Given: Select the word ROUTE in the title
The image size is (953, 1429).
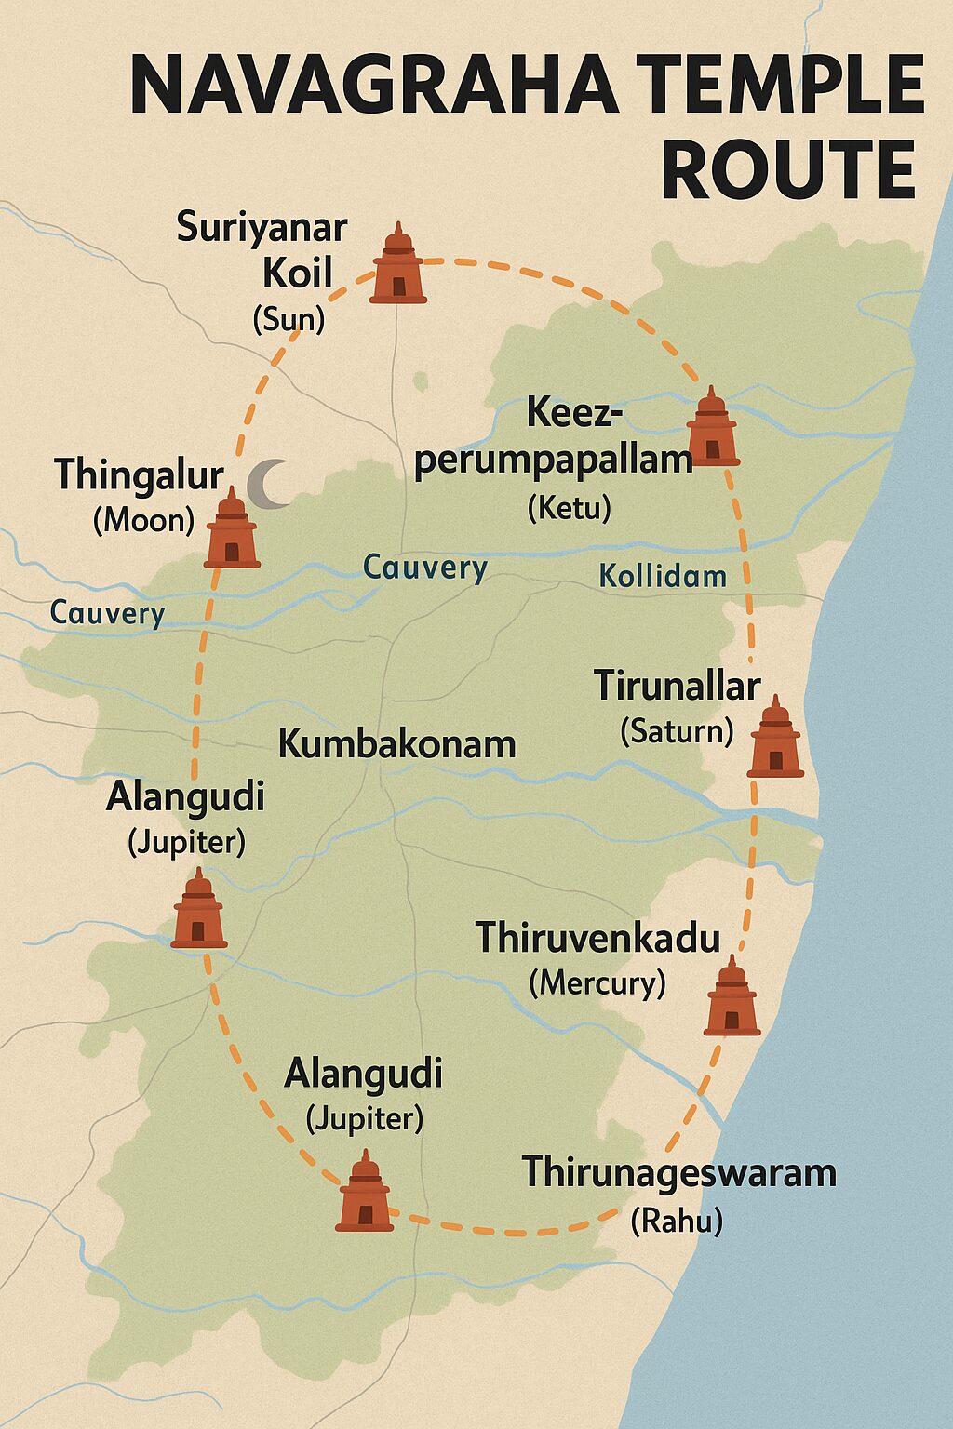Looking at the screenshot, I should (x=788, y=169).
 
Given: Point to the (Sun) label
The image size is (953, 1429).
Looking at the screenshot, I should (x=289, y=320).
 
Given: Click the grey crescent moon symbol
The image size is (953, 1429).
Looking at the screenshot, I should (x=268, y=485).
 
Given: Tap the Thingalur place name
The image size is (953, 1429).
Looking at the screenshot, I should (x=139, y=474).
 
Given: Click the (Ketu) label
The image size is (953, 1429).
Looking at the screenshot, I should (x=569, y=508).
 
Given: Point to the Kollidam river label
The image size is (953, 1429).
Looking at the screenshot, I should (x=663, y=576).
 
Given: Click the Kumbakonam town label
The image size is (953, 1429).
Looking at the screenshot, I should (x=396, y=744).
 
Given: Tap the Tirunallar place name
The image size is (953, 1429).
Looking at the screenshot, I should (x=678, y=687).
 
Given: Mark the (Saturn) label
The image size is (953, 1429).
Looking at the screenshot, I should (x=677, y=731).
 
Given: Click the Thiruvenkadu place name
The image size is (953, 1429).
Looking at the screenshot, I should (x=597, y=938).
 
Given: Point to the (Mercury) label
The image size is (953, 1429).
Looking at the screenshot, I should (x=597, y=982).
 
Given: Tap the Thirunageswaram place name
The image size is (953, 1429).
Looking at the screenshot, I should (x=678, y=1172).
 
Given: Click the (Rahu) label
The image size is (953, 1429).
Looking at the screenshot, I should (x=677, y=1221).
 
